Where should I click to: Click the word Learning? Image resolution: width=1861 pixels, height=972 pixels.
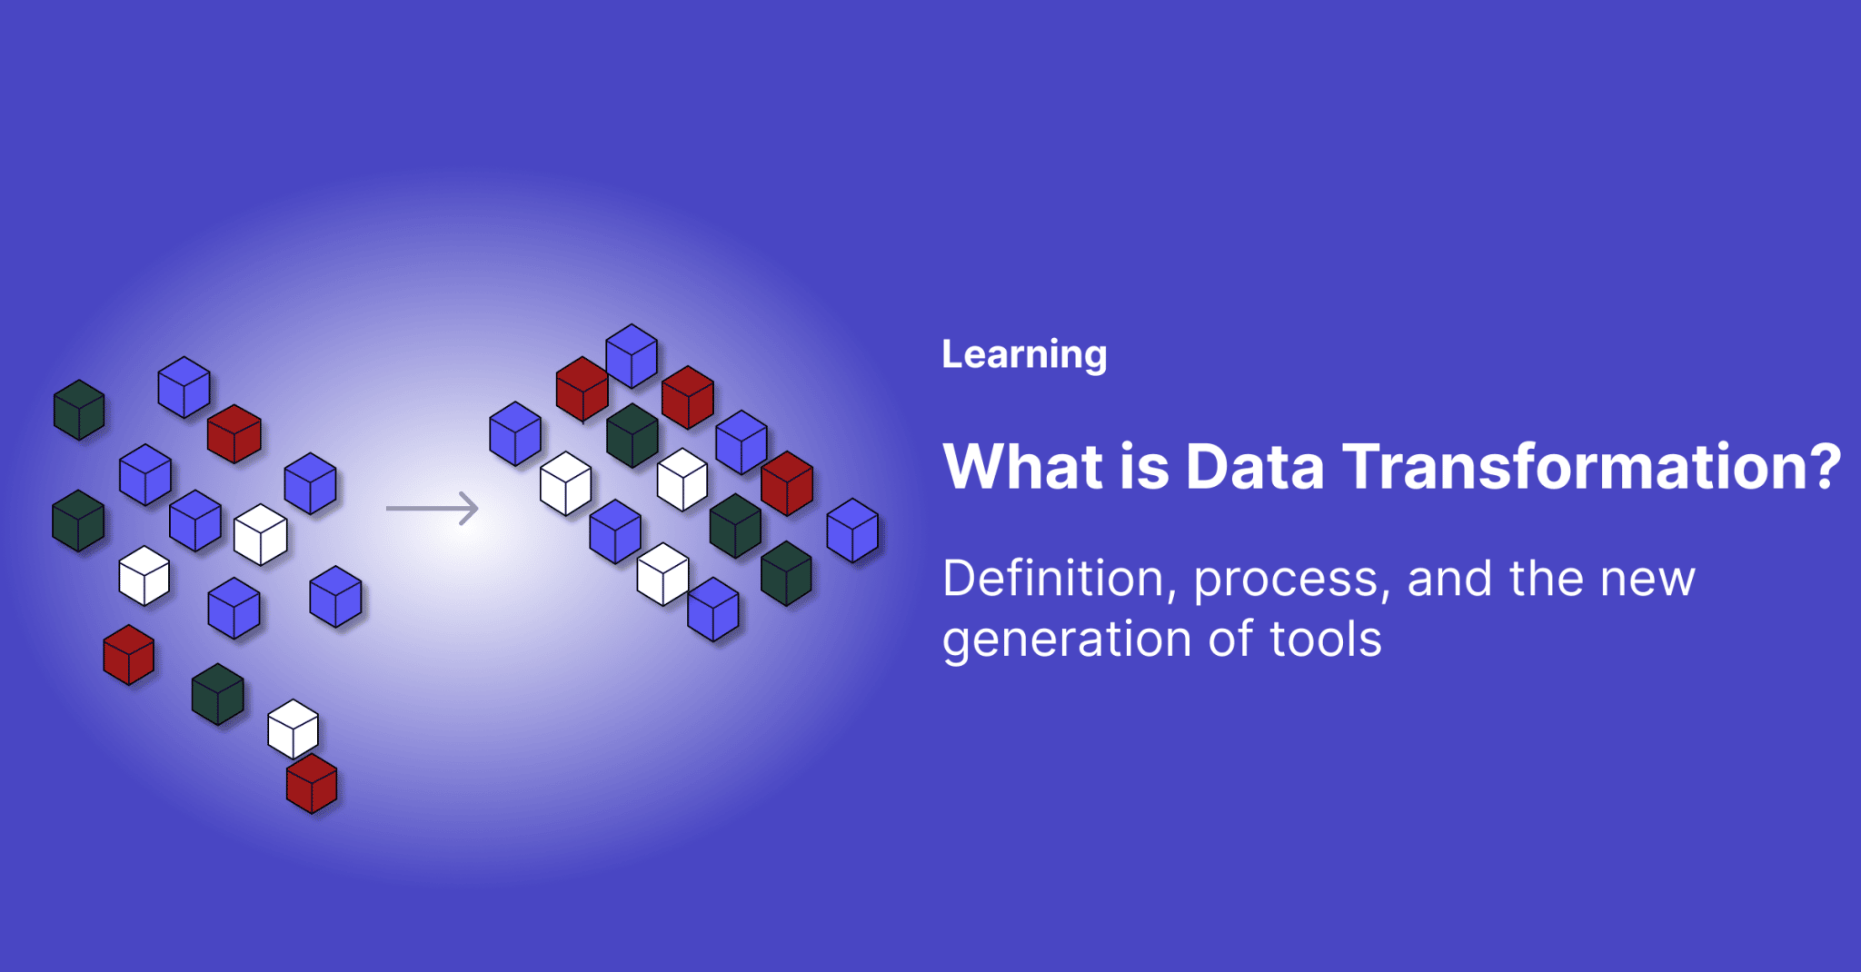click(x=1024, y=354)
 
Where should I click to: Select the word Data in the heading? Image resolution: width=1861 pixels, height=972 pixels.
click(x=1254, y=467)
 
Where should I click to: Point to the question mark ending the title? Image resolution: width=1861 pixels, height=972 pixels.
click(x=1825, y=467)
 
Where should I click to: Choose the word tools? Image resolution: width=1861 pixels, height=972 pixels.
click(x=1326, y=640)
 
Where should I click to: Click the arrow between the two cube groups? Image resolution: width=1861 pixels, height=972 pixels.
click(x=433, y=508)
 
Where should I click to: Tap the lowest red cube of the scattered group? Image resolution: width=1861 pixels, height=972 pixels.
click(x=312, y=784)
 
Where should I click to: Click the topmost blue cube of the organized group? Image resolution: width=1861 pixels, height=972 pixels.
click(x=632, y=356)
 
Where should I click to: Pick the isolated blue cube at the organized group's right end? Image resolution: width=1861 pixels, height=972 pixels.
click(x=852, y=531)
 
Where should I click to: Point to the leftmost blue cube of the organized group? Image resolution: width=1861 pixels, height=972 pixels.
click(x=515, y=434)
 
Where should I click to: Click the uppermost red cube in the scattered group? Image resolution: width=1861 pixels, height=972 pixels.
click(x=234, y=434)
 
